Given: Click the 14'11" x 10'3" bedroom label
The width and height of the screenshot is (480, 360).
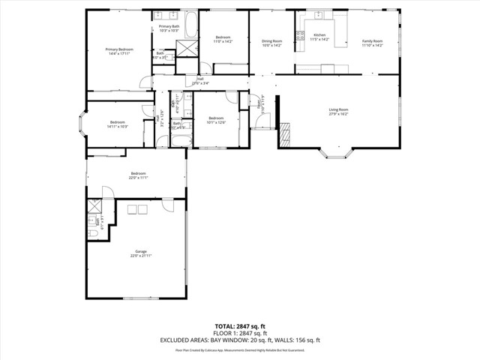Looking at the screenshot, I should tap(118, 124).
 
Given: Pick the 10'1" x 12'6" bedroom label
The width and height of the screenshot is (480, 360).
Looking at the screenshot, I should tap(216, 120).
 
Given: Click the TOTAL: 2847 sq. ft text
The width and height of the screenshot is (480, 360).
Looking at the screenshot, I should tap(239, 326).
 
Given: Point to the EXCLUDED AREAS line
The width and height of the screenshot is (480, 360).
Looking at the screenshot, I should tap(239, 340).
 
